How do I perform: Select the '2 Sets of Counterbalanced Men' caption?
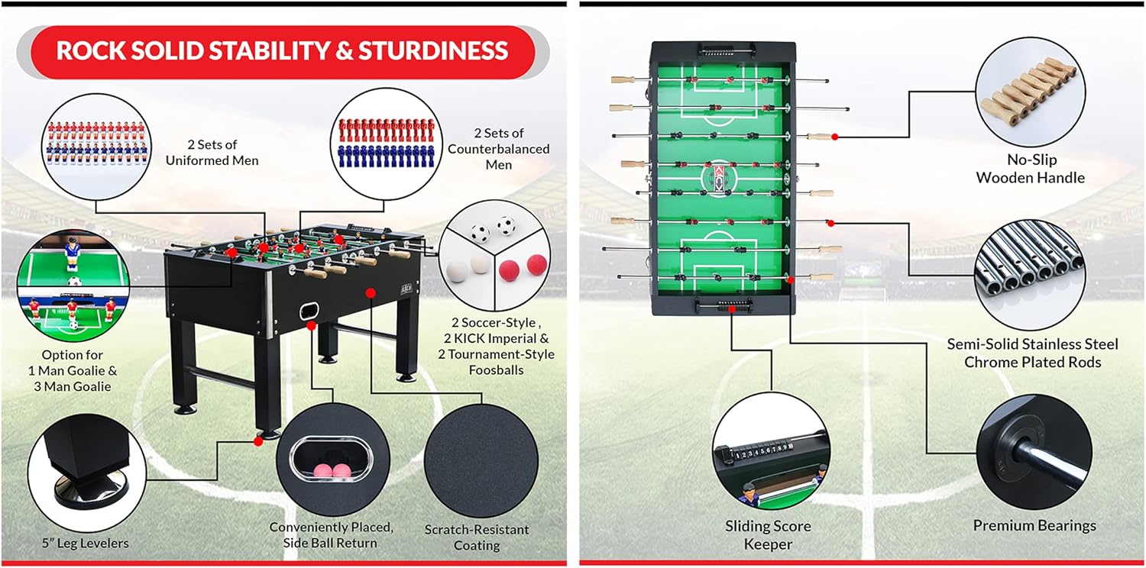(x=498, y=149)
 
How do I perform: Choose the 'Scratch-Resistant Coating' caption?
(x=477, y=537)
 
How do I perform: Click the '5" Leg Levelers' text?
(x=85, y=543)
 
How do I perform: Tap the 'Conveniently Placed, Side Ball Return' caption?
(x=332, y=534)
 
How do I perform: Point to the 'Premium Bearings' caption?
(x=1034, y=525)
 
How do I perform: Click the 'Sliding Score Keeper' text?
(x=768, y=534)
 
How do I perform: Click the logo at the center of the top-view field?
(x=717, y=178)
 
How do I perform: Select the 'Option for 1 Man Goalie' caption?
(x=73, y=370)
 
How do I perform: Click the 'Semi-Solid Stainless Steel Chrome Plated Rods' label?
(x=1032, y=353)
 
